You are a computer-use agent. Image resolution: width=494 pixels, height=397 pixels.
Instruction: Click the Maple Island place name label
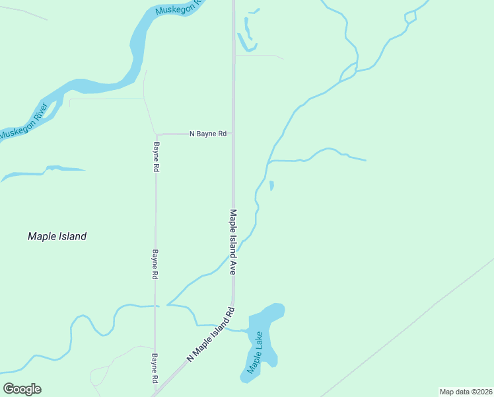point(57,236)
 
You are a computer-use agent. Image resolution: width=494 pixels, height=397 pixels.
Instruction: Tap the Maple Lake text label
point(255,352)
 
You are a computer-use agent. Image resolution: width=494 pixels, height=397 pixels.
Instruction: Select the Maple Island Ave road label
point(233,242)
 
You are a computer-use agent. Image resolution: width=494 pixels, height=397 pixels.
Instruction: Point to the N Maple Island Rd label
point(211,334)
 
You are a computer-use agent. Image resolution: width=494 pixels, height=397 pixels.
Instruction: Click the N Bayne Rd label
point(208,134)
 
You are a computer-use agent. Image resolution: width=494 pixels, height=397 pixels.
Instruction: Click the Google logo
point(22,389)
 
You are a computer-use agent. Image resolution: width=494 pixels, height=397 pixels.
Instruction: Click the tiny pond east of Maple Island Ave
point(271,185)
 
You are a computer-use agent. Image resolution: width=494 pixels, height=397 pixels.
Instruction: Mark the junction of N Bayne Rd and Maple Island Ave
point(232,134)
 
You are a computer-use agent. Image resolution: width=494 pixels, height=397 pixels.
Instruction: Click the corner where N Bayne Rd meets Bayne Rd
point(157,134)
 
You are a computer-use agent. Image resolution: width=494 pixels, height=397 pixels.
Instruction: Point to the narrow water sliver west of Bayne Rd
point(46,172)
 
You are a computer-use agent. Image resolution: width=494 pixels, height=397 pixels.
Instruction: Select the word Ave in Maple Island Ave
point(233,267)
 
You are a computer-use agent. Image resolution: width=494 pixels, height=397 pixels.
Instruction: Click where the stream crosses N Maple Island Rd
point(227,327)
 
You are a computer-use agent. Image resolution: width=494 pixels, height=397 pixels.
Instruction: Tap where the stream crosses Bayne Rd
point(156,306)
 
